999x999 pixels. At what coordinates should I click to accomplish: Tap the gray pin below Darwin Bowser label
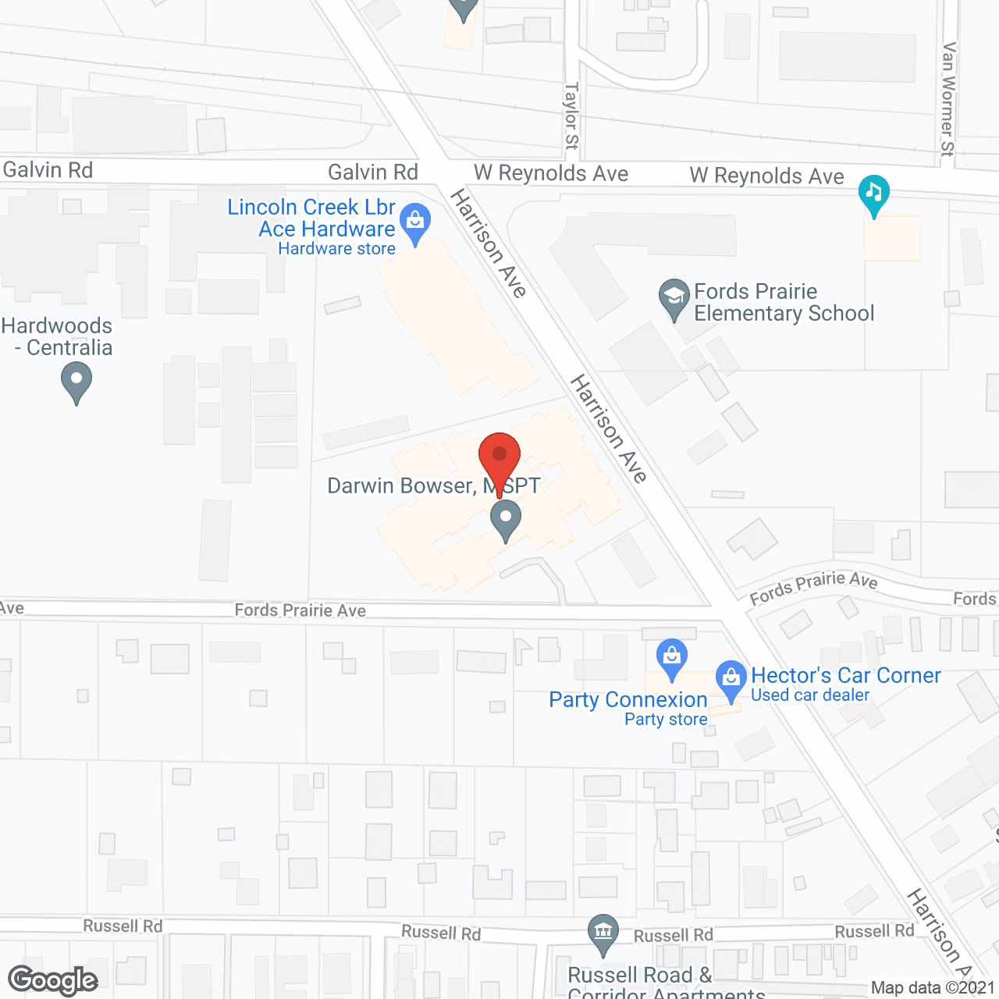point(506,519)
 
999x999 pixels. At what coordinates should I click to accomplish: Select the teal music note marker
point(873,194)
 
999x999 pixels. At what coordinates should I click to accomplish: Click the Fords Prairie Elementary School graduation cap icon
point(674,297)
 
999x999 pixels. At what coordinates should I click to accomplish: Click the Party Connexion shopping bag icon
point(671,658)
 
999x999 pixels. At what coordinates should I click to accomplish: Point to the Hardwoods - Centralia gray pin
point(76,383)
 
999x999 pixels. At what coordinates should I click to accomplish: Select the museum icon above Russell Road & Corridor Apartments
point(603,933)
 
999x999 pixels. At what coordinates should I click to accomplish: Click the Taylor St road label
point(572,116)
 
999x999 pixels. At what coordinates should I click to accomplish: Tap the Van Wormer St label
point(948,99)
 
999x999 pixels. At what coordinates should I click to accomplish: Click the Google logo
point(53,980)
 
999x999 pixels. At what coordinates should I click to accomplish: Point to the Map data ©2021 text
point(933,988)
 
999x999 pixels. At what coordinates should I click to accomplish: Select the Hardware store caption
point(336,249)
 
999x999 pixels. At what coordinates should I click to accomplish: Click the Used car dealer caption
point(809,695)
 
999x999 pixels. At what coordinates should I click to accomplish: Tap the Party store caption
point(666,720)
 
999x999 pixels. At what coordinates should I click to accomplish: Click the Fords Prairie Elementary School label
point(784,303)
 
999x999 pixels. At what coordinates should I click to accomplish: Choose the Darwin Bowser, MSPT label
point(433,486)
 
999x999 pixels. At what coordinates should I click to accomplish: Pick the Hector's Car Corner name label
point(846,675)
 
